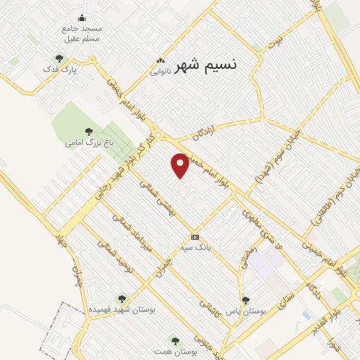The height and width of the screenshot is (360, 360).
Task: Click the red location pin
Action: tap(181, 165)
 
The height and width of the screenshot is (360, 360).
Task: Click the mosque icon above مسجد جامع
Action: tap(82, 18)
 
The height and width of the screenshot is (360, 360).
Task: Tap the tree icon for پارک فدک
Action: tap(58, 59)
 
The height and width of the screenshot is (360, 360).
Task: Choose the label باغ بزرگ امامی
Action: tap(89, 143)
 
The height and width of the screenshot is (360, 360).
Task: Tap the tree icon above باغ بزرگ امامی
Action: tap(89, 131)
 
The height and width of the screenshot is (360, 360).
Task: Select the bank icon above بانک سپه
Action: tap(195, 237)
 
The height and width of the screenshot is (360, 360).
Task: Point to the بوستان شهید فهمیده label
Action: tap(122, 309)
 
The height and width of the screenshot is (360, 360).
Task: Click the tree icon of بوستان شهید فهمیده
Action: tap(122, 299)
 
